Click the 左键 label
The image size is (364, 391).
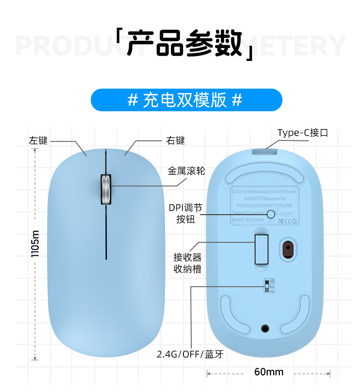coord(38,141)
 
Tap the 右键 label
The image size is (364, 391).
coord(175,140)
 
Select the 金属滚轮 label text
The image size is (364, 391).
coord(186,171)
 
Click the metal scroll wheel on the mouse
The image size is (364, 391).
coord(106,189)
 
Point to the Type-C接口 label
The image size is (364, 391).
coord(303,133)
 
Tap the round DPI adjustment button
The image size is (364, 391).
coord(271,214)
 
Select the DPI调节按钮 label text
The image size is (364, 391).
coord(186,213)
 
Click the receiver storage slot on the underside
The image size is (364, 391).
coord(261,249)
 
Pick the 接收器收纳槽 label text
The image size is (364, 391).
coord(188,263)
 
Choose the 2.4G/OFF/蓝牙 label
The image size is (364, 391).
coord(190,355)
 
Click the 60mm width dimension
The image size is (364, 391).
coord(269,372)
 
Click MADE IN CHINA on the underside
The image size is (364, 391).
coord(248,220)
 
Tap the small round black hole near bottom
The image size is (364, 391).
coord(265,328)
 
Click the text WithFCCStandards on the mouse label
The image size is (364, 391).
coord(261,199)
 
